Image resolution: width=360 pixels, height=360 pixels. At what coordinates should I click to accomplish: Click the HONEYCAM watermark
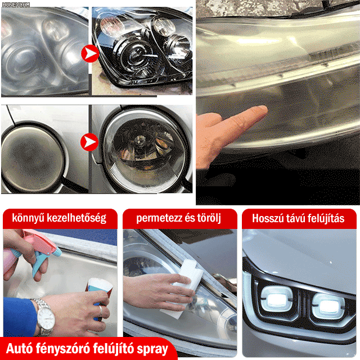[x=16, y=4]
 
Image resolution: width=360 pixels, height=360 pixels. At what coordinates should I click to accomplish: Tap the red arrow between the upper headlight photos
[x=90, y=53]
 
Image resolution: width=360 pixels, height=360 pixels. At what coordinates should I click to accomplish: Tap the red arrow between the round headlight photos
[x=90, y=142]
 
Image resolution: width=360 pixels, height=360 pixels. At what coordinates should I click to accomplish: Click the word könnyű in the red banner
[x=28, y=218]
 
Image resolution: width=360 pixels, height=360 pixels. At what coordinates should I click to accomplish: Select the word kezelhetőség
[x=76, y=218]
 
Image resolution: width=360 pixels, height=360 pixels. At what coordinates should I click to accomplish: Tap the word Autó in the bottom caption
[x=20, y=348]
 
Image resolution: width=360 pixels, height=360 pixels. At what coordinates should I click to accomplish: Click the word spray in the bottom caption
[x=152, y=349]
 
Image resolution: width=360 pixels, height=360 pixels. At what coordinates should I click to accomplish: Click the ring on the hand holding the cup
[x=101, y=310]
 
